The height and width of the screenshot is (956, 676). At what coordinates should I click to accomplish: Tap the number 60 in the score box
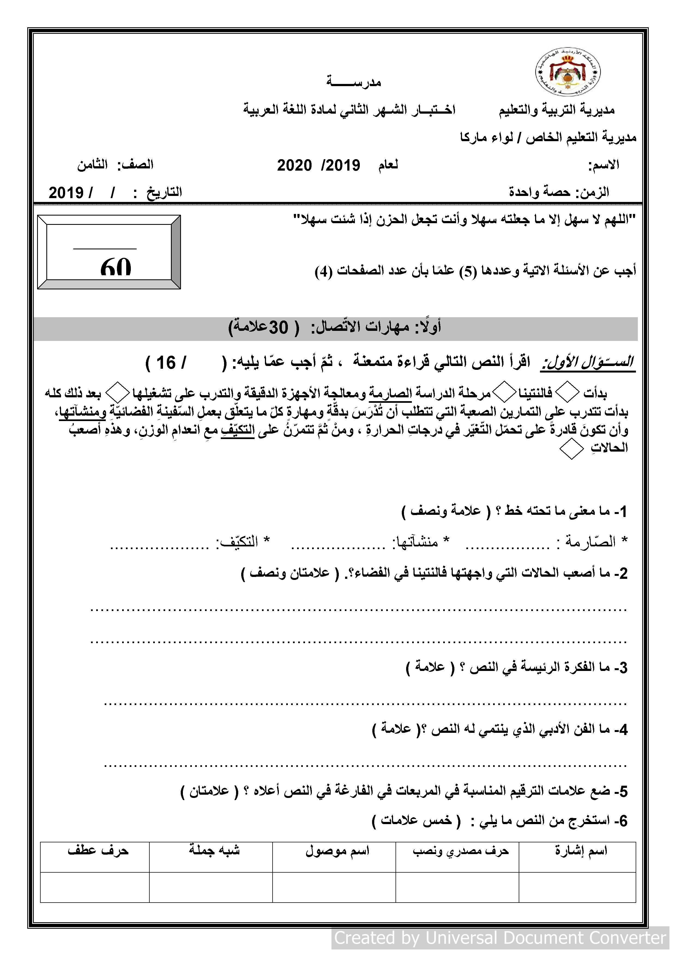click(116, 267)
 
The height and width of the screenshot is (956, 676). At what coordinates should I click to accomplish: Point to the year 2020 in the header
click(294, 166)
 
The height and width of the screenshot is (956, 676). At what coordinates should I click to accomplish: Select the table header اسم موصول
click(337, 851)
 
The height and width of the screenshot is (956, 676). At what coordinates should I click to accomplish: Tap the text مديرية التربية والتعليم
click(557, 110)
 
